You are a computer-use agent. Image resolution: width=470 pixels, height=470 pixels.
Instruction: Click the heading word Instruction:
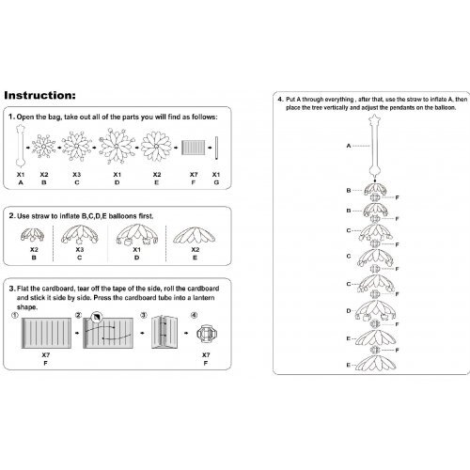pyautogui.click(x=39, y=95)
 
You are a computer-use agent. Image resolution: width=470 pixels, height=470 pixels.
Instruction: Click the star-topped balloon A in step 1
pyautogui.click(x=21, y=146)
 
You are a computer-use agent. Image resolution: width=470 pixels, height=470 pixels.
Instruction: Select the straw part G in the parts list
pyautogui.click(x=216, y=148)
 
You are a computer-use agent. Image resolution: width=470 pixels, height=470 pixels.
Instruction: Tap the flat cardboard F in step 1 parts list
pyautogui.click(x=194, y=148)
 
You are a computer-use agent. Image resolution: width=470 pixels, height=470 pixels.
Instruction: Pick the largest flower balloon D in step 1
pyautogui.click(x=117, y=146)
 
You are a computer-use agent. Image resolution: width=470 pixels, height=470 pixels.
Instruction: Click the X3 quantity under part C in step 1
pyautogui.click(x=77, y=175)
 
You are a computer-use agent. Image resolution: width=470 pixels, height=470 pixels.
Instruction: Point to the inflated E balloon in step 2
pyautogui.click(x=195, y=235)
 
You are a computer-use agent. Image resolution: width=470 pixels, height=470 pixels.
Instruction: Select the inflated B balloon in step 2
pyautogui.click(x=32, y=235)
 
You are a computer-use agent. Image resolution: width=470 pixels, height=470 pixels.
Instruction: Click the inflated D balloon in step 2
pyautogui.click(x=137, y=234)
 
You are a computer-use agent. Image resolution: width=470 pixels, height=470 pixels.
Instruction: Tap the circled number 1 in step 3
pyautogui.click(x=15, y=315)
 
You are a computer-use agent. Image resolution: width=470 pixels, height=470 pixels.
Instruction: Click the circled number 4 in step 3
pyautogui.click(x=195, y=315)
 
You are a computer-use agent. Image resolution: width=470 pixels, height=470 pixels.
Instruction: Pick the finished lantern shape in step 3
pyautogui.click(x=207, y=334)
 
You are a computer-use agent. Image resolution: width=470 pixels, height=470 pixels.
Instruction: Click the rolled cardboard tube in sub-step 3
pyautogui.click(x=164, y=332)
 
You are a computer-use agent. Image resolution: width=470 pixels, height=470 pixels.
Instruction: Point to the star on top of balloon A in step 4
pyautogui.click(x=375, y=119)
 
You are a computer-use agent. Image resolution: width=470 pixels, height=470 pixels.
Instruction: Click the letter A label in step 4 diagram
pyautogui.click(x=349, y=146)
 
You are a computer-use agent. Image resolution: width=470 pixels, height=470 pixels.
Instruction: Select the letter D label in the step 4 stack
pyautogui.click(x=349, y=311)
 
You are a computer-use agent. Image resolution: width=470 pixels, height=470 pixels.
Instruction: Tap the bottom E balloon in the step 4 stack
pyautogui.click(x=376, y=364)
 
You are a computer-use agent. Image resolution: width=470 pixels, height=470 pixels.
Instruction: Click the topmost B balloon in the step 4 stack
pyautogui.click(x=375, y=189)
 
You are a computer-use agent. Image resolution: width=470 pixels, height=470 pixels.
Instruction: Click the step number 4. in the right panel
pyautogui.click(x=280, y=100)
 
